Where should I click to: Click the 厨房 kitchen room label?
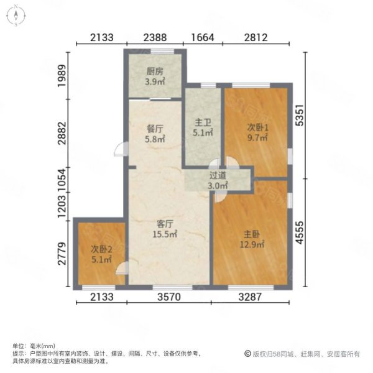click(x=155, y=71)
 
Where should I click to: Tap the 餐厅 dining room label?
click(x=155, y=129)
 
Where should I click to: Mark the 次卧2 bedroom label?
click(x=99, y=250)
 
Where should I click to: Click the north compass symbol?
click(x=17, y=16)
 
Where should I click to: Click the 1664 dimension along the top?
click(x=203, y=37)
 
